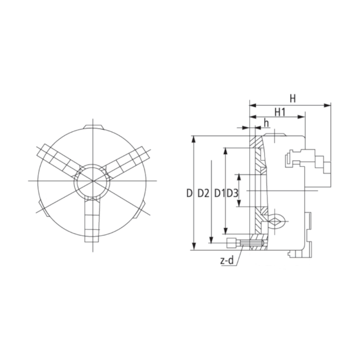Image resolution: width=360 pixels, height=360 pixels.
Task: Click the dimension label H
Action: click(x=292, y=98)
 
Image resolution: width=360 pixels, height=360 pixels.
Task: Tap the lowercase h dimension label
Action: click(x=266, y=122)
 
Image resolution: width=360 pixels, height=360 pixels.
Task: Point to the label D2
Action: click(x=203, y=193)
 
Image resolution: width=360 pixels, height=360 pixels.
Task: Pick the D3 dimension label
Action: click(x=232, y=193)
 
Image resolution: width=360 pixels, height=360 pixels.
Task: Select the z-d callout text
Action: click(x=228, y=261)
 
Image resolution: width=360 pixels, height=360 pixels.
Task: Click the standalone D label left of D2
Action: click(x=189, y=193)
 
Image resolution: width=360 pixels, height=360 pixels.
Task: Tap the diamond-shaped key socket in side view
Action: click(x=277, y=221)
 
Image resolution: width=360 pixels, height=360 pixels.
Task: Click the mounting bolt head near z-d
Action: click(x=232, y=242)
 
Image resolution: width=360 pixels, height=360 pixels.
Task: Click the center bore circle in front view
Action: click(x=92, y=181)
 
